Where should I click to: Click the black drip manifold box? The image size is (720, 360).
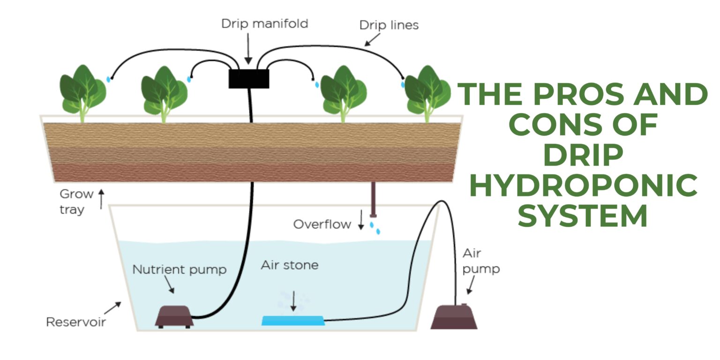[248, 79]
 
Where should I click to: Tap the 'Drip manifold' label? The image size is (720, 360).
[264, 23]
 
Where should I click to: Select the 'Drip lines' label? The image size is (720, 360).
[389, 25]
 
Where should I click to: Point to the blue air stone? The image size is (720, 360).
[293, 321]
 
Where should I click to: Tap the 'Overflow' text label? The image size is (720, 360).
[322, 225]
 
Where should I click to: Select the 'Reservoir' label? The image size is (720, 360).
[75, 322]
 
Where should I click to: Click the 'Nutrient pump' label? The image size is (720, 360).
[179, 270]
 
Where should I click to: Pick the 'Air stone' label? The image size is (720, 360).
[289, 265]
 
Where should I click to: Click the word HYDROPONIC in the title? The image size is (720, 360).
[583, 186]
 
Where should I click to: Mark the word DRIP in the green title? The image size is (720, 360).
[583, 155]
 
